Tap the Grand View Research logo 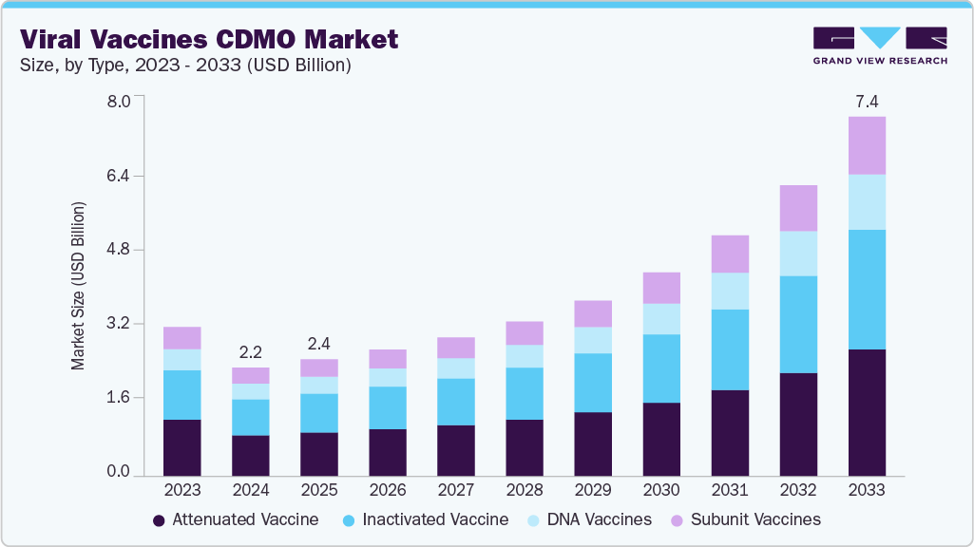[880, 46]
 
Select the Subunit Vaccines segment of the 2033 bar [867, 145]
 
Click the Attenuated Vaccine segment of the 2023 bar [182, 447]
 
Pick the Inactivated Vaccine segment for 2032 [798, 325]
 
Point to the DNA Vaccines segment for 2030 [661, 319]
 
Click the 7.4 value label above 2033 [867, 101]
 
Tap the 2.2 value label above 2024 [251, 351]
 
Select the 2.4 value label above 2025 [319, 343]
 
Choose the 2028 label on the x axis [525, 491]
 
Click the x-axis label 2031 [730, 491]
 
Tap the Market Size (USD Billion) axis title [79, 286]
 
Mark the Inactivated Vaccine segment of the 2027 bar [456, 402]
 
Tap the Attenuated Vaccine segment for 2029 [593, 443]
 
